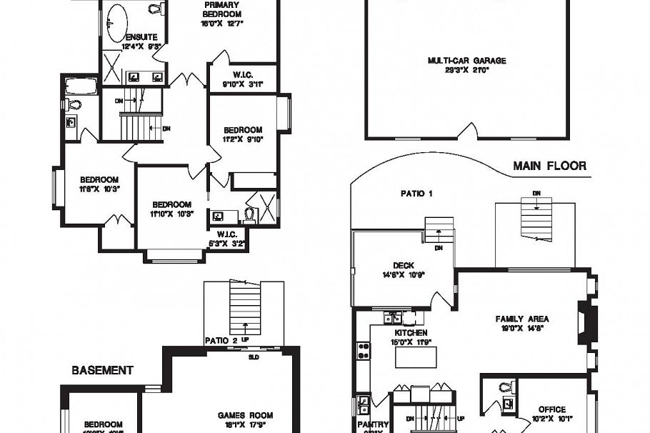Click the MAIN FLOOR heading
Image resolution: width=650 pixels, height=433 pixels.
[x=549, y=166]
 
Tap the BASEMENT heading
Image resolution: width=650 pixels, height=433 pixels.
[x=101, y=370]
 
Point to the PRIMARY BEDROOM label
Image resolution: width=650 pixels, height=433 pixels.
[x=221, y=9]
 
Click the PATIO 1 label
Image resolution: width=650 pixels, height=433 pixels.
[x=416, y=193]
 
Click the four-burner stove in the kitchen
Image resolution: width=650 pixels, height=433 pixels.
[x=364, y=351]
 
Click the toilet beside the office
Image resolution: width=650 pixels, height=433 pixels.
[x=506, y=388]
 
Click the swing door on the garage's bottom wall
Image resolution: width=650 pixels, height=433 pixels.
[x=467, y=131]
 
